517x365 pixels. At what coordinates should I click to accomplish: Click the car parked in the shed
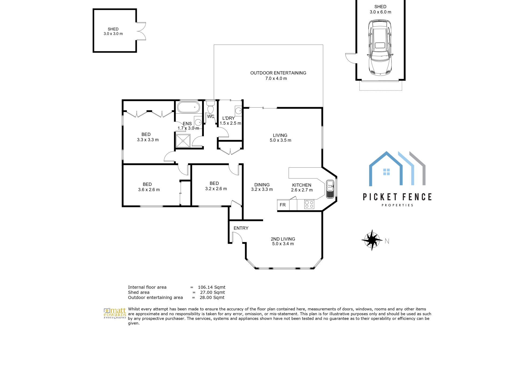coord(380,47)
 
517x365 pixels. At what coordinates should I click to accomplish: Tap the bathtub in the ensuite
coord(188,107)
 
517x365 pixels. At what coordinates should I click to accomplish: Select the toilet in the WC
coord(211,107)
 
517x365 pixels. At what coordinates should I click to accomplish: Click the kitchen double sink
coord(330,189)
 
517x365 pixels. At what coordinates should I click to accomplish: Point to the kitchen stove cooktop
coord(309,204)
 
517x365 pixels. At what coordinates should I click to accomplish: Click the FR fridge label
coord(282,205)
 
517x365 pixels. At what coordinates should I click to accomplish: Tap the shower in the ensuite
coord(183,141)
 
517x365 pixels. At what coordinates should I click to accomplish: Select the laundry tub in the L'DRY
coord(238,111)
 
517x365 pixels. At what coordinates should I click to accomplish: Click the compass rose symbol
coord(372,240)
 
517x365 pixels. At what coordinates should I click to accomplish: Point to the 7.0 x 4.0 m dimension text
coord(276,79)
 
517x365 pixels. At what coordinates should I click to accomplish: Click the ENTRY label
coord(241,228)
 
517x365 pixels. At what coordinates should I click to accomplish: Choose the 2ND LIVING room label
coord(283,239)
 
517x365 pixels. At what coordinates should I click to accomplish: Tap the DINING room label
coord(262,185)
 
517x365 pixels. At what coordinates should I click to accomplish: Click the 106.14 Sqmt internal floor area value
coord(212,287)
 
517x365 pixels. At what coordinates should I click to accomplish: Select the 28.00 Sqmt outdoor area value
coord(212,297)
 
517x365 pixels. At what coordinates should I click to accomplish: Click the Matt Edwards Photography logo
coord(115,314)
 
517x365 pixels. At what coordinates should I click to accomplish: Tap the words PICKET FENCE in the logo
coord(397,197)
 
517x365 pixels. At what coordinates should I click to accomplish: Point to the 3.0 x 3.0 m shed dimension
coord(113,34)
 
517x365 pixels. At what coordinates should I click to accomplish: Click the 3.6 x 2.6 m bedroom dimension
coord(149,190)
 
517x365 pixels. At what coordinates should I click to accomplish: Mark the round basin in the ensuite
coord(198,122)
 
